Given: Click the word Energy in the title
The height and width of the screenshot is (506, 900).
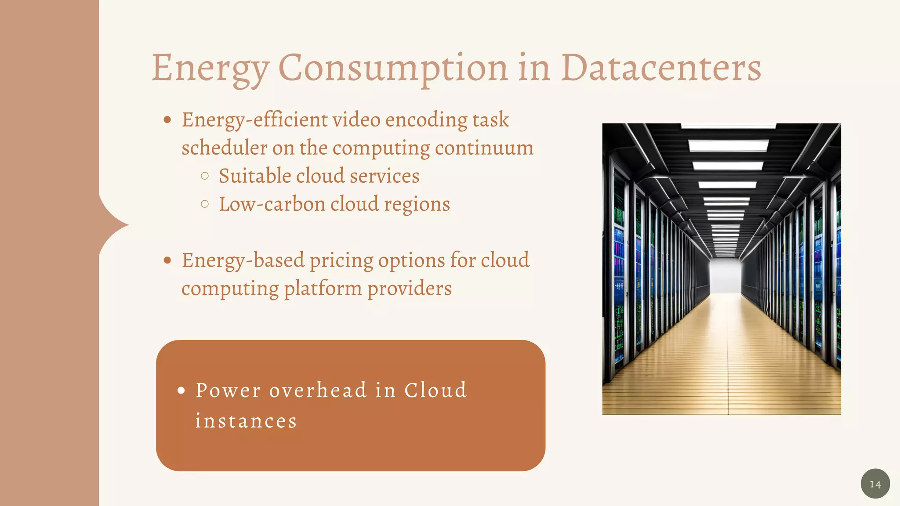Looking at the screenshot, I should [x=210, y=69].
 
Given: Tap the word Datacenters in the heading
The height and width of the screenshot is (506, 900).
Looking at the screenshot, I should [x=660, y=69].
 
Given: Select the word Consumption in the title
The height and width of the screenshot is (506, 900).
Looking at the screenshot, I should [x=393, y=69].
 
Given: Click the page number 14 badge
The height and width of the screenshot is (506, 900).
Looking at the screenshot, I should [x=875, y=484].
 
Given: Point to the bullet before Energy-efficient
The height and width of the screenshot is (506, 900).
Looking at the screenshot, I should [x=167, y=120].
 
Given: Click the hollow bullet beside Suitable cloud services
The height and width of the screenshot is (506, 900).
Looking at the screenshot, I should [x=204, y=176].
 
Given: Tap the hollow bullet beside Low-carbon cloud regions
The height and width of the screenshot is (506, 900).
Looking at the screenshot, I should [x=204, y=204].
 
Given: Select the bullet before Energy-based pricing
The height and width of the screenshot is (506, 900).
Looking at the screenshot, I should [x=167, y=260].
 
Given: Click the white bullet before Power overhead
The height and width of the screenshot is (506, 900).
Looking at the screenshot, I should [x=181, y=390].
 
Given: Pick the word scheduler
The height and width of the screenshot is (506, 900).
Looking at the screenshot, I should [x=224, y=148].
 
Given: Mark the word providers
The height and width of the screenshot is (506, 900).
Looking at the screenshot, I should [x=409, y=289].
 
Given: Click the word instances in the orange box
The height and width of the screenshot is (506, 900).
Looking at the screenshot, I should [x=246, y=421].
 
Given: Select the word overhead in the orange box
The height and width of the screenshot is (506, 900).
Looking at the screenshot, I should [x=318, y=390].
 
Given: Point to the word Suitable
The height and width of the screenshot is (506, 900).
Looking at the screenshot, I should [x=255, y=176].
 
